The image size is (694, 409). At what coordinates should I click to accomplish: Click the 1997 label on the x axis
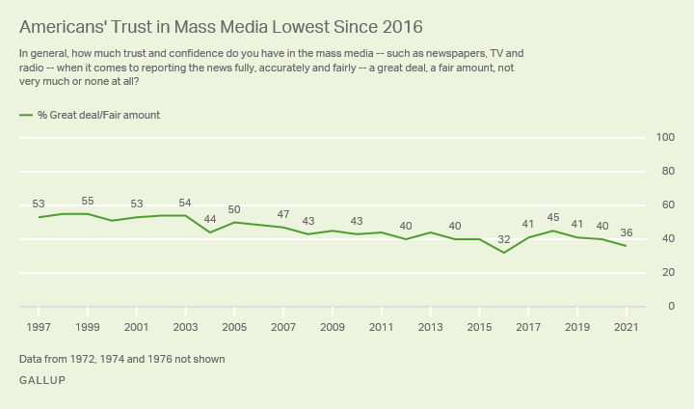(39, 327)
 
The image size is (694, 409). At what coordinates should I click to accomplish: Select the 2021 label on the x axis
(627, 327)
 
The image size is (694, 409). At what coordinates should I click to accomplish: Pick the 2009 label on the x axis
(333, 327)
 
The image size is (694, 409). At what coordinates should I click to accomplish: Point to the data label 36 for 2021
(627, 232)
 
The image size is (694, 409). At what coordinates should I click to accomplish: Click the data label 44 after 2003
(210, 219)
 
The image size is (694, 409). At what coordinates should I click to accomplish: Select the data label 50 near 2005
(234, 209)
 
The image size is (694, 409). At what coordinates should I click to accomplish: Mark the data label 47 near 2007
(283, 214)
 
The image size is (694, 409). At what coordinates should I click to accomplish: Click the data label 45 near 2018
(553, 217)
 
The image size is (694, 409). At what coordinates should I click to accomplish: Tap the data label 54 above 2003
(186, 203)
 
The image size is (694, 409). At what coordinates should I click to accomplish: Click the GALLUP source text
(42, 380)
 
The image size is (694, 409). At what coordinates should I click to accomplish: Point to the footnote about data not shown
(121, 360)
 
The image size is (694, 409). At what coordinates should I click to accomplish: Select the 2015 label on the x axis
(479, 327)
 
